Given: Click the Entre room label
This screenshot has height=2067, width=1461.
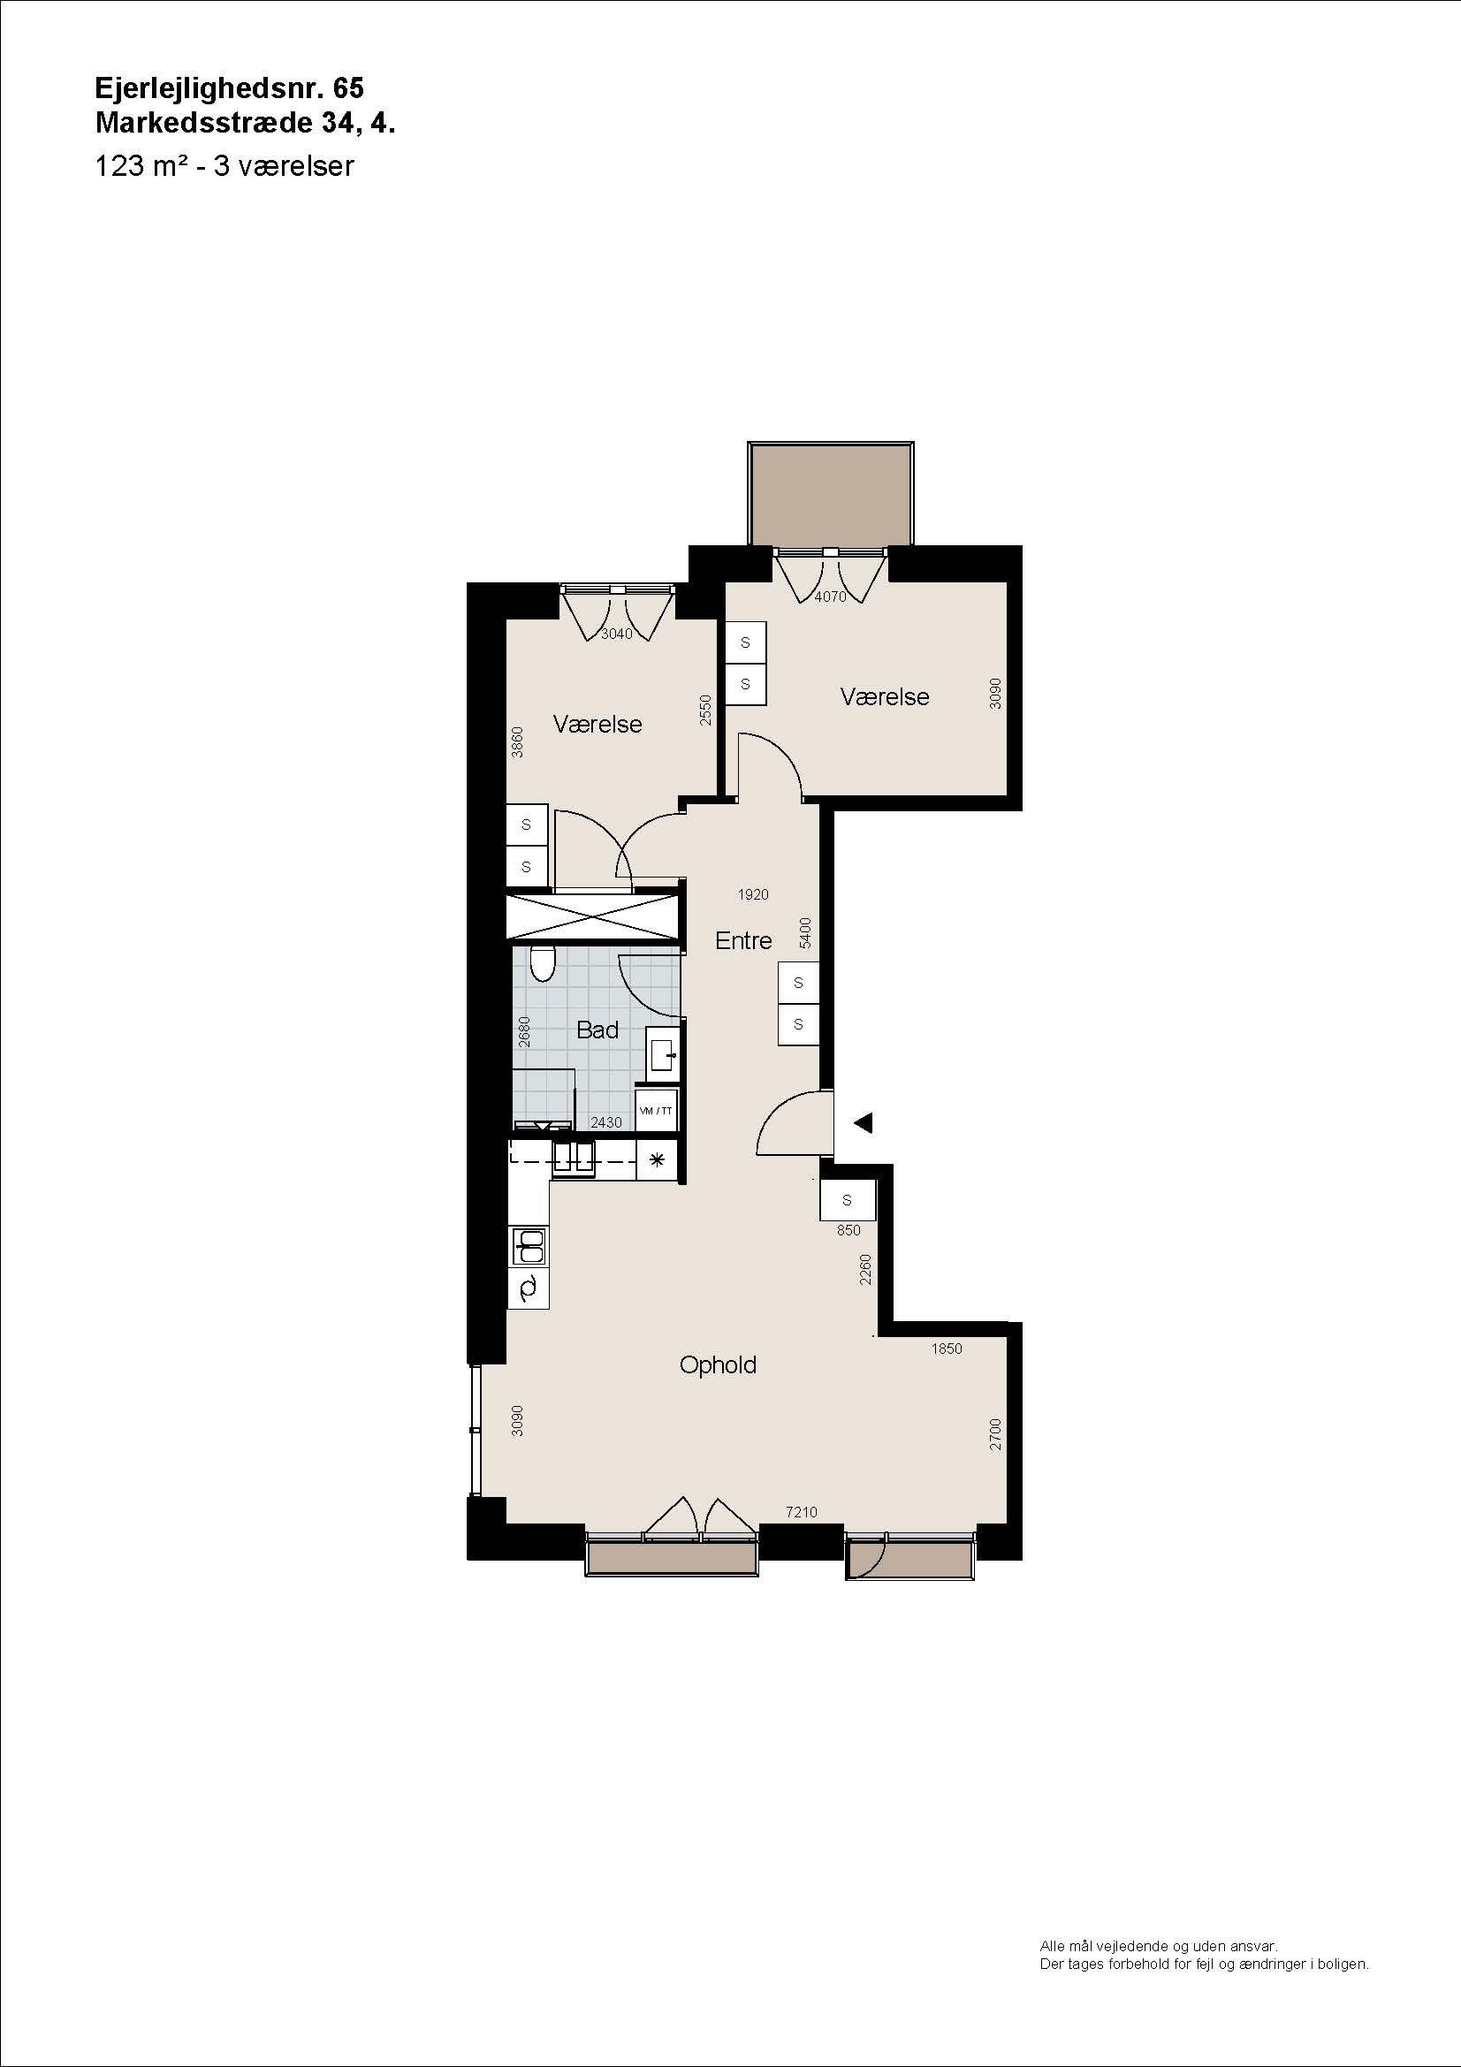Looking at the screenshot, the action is [x=742, y=941].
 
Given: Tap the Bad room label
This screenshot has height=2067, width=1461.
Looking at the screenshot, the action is [x=597, y=1030].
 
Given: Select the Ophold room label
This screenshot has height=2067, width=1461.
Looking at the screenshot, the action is [x=718, y=1365].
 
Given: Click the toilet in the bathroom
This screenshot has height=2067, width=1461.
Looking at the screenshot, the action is [x=542, y=962].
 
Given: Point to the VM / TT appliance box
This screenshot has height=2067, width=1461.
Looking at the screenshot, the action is [x=656, y=1111].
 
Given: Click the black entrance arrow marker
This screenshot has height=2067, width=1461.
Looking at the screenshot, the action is [x=864, y=1122].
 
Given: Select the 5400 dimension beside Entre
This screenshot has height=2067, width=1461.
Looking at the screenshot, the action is [x=806, y=932].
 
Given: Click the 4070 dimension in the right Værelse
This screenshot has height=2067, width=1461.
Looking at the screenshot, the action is [x=830, y=596].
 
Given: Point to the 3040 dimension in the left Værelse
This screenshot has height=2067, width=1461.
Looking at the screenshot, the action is [x=617, y=634].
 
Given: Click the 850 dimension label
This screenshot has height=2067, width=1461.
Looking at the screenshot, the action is [x=848, y=1231].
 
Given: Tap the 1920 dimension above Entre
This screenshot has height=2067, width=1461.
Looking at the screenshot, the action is [x=752, y=894].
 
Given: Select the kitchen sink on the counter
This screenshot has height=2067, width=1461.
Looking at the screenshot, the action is [x=529, y=1247].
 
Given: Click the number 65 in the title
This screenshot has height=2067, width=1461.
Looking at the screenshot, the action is [x=348, y=87].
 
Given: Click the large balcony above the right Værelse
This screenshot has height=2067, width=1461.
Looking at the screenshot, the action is [x=831, y=493].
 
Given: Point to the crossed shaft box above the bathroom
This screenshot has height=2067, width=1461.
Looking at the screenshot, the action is [x=590, y=918].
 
